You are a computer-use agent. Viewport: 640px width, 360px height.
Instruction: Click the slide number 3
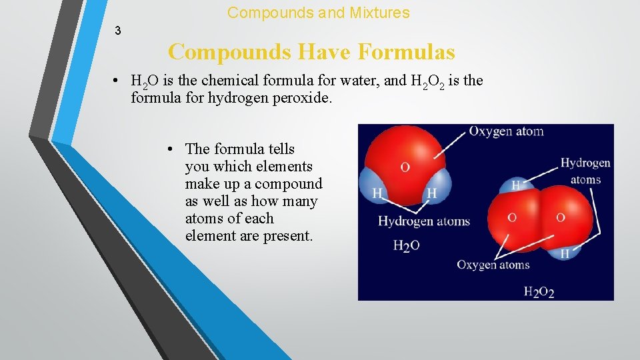(x=118, y=31)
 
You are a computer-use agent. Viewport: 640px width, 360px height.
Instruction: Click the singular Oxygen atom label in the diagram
(x=506, y=131)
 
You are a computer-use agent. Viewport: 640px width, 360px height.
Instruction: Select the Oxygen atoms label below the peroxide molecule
(x=493, y=265)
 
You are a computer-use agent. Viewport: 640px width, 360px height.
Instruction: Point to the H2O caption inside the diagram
(x=406, y=246)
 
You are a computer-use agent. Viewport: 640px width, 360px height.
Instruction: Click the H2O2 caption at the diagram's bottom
(x=539, y=291)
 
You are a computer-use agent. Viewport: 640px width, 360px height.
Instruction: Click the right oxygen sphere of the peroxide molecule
(x=561, y=217)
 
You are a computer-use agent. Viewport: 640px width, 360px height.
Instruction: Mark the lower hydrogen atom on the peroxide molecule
(x=564, y=252)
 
